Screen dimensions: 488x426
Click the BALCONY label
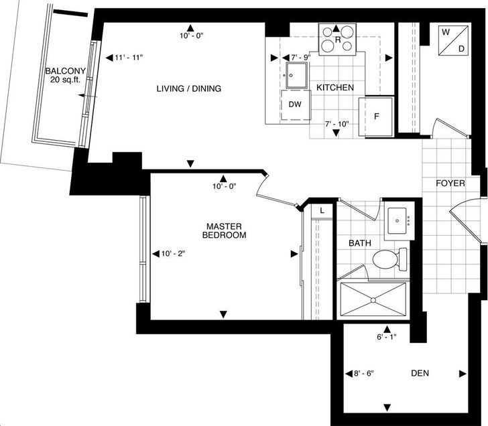66,71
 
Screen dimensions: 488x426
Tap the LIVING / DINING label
189,88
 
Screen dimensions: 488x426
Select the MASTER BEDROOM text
224,230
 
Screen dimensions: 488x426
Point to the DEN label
420,373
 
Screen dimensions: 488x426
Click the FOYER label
450,184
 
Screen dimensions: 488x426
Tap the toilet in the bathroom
390,259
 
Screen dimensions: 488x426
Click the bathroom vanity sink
397,221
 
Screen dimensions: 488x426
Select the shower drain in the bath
373,300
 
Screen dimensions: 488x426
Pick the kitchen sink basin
296,76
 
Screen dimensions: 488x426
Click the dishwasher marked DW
296,104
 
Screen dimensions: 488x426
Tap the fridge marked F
376,117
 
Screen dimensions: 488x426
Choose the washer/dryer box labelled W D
453,40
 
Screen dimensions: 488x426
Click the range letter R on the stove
338,40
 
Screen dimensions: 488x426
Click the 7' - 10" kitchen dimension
337,124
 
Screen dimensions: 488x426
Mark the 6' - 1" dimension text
387,337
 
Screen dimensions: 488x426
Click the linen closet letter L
322,210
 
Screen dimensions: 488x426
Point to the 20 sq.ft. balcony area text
66,80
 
